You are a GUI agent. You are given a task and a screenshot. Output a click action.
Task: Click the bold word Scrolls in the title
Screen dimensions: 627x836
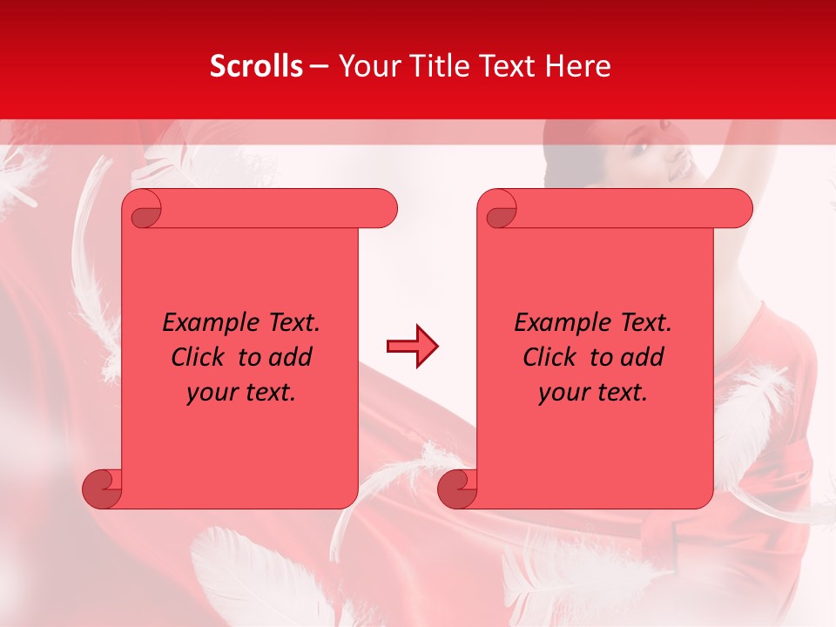pos(256,66)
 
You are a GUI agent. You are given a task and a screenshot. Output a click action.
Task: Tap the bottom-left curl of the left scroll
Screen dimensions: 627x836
pos(102,489)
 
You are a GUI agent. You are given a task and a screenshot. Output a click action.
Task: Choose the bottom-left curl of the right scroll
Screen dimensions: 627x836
pos(457,489)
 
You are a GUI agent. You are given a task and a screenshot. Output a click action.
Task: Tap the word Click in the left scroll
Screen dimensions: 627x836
pos(197,357)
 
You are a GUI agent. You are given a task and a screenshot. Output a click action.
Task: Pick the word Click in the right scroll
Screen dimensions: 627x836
pos(549,357)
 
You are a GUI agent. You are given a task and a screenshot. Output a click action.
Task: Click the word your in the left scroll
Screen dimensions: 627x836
pos(212,393)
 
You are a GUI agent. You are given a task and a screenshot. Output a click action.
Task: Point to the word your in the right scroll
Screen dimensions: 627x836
pos(563,393)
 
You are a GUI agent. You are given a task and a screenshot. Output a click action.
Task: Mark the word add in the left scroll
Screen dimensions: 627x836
pos(290,357)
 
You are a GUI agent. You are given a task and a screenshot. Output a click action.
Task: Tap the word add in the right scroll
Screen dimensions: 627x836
pos(642,357)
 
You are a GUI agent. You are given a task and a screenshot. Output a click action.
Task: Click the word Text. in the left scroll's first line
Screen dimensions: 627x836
pos(291,323)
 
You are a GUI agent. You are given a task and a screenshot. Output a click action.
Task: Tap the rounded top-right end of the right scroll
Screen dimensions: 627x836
pos(738,209)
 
